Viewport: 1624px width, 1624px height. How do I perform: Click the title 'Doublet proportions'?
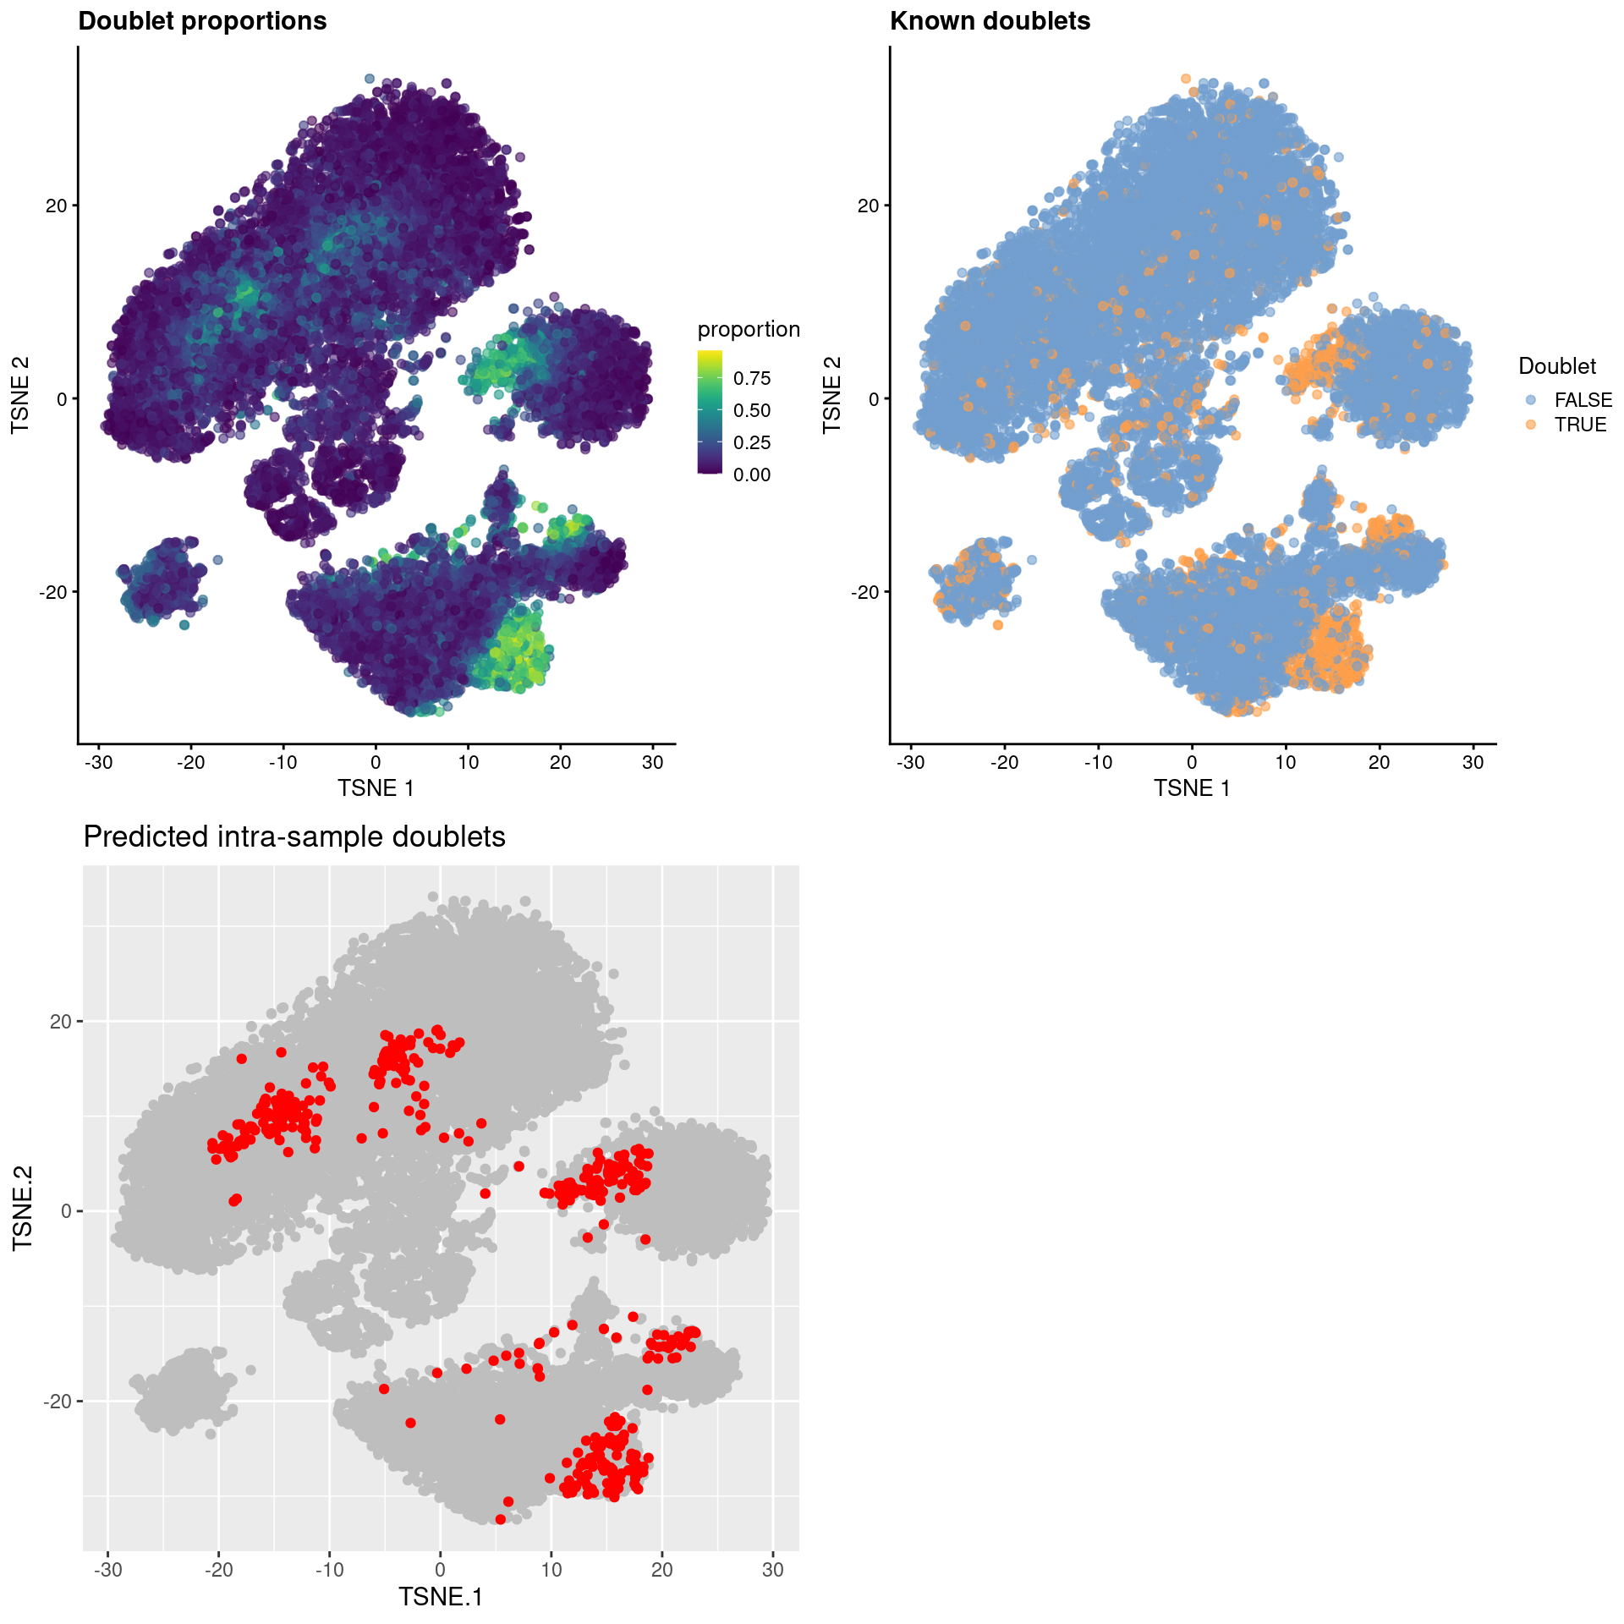pos(202,21)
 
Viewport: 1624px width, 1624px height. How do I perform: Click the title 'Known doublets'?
pos(990,21)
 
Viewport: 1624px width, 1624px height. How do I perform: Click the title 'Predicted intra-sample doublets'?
pos(294,837)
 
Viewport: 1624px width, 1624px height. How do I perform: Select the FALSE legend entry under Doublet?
pos(1583,400)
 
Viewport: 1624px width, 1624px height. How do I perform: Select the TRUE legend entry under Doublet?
pos(1580,425)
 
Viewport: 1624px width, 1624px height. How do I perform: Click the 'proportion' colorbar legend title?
pos(749,329)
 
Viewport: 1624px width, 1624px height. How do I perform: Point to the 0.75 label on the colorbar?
pos(752,378)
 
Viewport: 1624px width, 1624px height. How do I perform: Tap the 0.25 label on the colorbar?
pos(752,442)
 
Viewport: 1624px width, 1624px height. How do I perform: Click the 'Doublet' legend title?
pos(1557,366)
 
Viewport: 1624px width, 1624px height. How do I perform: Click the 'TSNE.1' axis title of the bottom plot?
pos(440,1597)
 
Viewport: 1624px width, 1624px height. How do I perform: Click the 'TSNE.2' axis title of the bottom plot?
pos(23,1208)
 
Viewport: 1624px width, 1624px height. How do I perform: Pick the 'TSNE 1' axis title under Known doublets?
pos(1192,788)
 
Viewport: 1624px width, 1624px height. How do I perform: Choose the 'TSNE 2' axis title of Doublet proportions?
pos(20,395)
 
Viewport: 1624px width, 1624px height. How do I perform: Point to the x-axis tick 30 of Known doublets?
pos(1473,762)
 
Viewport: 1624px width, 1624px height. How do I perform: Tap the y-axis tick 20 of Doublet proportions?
pos(56,206)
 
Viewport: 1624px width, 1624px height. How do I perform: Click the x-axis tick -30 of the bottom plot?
pos(107,1570)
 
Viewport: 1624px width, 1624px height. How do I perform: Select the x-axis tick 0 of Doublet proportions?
pos(376,762)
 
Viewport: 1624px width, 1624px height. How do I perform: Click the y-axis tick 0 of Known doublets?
pos(874,398)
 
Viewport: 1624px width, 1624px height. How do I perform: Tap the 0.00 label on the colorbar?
pos(752,475)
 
